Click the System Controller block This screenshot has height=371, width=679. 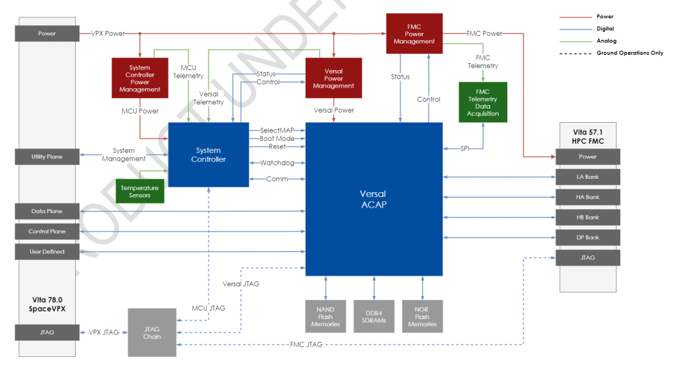click(x=209, y=154)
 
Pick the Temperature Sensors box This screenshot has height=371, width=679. click(x=140, y=191)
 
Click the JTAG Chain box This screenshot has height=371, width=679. click(x=152, y=332)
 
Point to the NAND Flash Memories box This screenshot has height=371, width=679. click(x=325, y=316)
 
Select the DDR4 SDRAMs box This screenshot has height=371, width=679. click(x=374, y=316)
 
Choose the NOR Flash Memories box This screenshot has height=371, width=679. click(x=422, y=316)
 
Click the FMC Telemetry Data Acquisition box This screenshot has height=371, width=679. click(x=483, y=102)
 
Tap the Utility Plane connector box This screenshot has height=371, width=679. click(x=48, y=156)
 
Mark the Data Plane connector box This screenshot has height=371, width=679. click(x=48, y=210)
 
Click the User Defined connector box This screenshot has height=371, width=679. click(x=48, y=251)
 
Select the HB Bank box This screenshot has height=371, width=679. click(x=587, y=217)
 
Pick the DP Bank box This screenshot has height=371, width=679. click(x=587, y=237)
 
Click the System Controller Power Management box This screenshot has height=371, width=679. click(x=140, y=79)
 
